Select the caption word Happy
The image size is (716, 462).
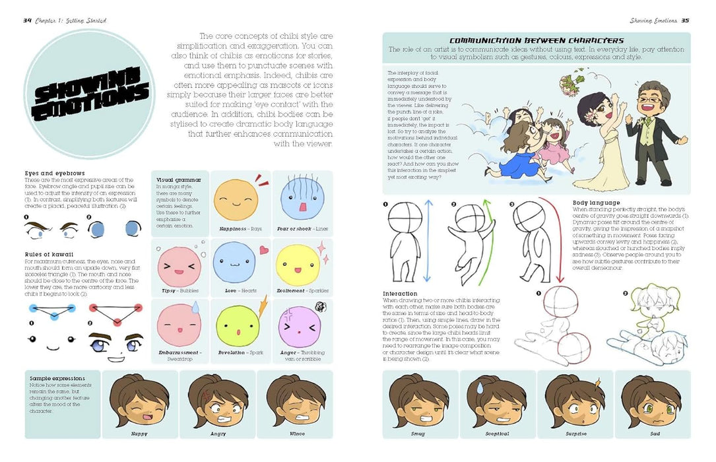click(139, 434)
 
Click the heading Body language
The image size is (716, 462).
click(596, 203)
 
